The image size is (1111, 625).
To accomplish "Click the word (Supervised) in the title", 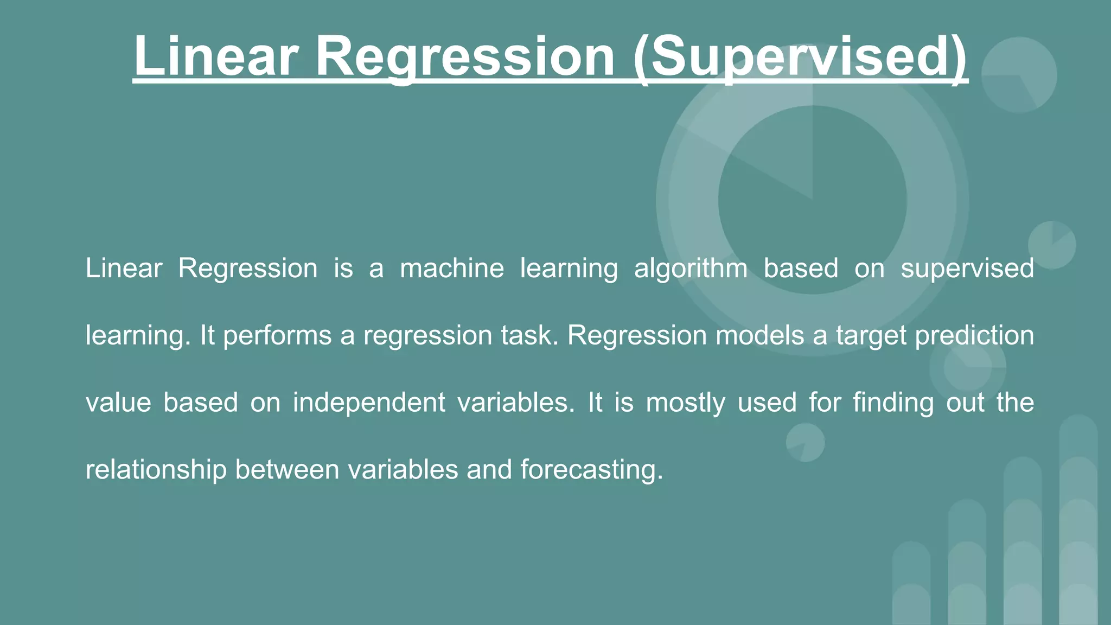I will point(800,57).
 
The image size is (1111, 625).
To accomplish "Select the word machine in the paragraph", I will point(452,269).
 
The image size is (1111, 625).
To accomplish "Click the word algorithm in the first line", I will point(691,269).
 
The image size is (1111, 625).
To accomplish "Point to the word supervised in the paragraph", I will point(967,269).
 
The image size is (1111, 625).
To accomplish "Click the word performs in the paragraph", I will point(277,336).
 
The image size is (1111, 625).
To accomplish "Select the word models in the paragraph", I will point(759,336).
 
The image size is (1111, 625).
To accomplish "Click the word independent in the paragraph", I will point(369,403).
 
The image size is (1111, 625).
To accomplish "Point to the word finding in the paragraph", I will point(893,403).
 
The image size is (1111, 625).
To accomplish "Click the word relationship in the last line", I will point(156,470).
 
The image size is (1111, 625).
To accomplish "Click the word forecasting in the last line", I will point(591,470).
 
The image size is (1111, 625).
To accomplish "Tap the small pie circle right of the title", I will point(1019,75).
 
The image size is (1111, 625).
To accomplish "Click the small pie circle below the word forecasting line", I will point(805,442).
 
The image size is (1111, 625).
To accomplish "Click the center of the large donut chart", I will point(812,200).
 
